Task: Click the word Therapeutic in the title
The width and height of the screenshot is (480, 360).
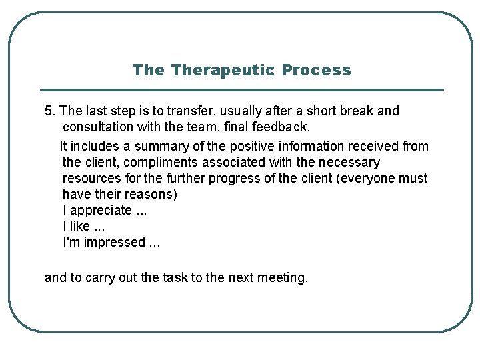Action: (223, 70)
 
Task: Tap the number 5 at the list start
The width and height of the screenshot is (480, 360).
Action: (48, 111)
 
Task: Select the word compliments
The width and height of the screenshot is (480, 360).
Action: (142, 162)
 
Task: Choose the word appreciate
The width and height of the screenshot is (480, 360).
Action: (101, 210)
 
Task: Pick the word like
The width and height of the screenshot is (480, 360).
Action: (79, 226)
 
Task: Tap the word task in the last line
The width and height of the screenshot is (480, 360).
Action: (175, 277)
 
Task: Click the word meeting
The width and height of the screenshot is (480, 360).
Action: (280, 277)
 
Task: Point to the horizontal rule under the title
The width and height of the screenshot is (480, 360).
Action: (241, 90)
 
